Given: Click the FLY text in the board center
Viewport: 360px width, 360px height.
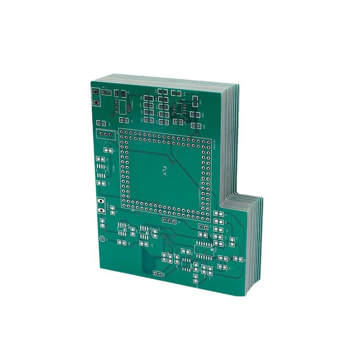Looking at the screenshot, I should pos(164,170).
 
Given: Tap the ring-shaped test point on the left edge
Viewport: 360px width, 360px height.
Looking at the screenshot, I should pos(102,239).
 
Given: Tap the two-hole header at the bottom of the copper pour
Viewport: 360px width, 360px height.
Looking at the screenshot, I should pos(157,273).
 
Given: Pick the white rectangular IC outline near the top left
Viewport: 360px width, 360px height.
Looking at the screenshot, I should pos(122,106).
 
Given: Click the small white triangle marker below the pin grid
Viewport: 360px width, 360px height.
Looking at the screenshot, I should pos(132,210).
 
